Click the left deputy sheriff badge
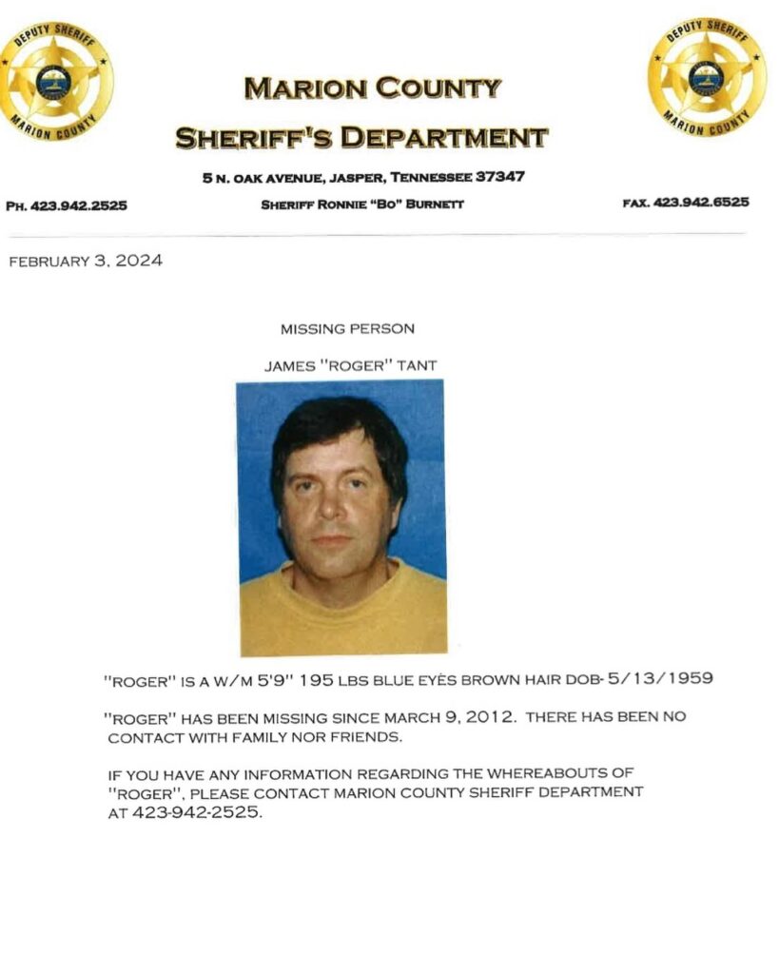(x=55, y=80)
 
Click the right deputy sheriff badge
(x=707, y=77)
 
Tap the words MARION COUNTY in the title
(x=372, y=89)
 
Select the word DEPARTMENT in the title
(x=444, y=139)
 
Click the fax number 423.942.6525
(x=701, y=202)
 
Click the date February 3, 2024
(x=86, y=262)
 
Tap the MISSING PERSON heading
(x=347, y=329)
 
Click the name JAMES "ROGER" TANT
(x=351, y=365)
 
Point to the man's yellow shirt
(x=342, y=614)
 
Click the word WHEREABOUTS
(x=548, y=774)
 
